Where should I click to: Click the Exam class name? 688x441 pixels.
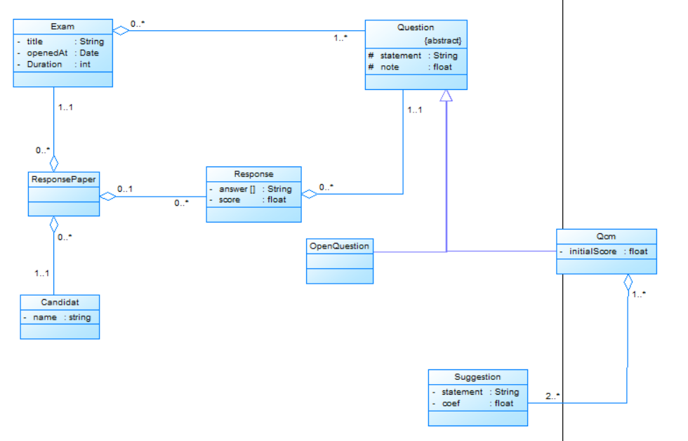[62, 27]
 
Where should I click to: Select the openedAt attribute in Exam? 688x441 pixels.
[45, 53]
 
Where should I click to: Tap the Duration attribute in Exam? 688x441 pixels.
[44, 64]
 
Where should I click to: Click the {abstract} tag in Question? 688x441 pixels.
[443, 40]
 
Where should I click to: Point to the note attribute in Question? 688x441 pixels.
[390, 67]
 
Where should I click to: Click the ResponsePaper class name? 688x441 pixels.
[63, 179]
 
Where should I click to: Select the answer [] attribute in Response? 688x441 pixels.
[237, 189]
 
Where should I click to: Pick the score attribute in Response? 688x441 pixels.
[230, 199]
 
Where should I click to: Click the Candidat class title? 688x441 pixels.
[60, 302]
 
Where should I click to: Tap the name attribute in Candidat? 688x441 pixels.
[45, 317]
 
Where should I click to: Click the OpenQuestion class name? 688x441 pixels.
[340, 246]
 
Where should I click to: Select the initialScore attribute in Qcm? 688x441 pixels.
[594, 251]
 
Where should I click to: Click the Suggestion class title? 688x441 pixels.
[477, 377]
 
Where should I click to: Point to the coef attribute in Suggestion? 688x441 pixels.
[451, 403]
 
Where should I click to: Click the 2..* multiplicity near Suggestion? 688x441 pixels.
[553, 397]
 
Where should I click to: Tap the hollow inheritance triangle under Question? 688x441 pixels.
[446, 96]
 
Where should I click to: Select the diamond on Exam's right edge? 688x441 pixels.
[121, 30]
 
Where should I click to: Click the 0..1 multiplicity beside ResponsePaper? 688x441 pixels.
[126, 189]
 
